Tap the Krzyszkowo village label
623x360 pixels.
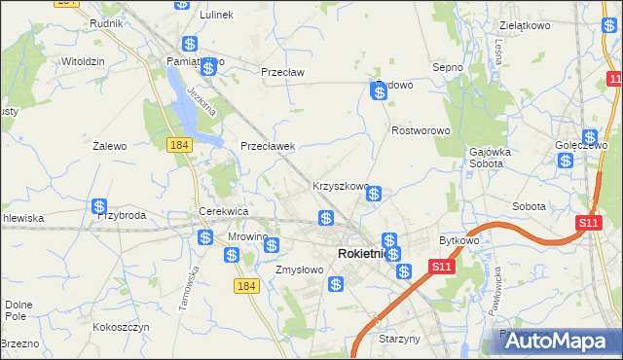tap(340, 186)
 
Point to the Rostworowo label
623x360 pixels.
tap(420, 130)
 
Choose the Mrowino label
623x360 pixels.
tap(247, 236)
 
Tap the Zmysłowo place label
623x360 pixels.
tap(299, 270)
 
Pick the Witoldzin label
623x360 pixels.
tap(83, 60)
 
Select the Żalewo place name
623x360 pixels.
tap(110, 146)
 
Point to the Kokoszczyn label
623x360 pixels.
tap(121, 327)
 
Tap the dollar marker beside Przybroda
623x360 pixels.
tap(99, 206)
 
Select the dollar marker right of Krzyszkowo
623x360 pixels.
tap(373, 195)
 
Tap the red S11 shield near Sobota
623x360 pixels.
tap(587, 224)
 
